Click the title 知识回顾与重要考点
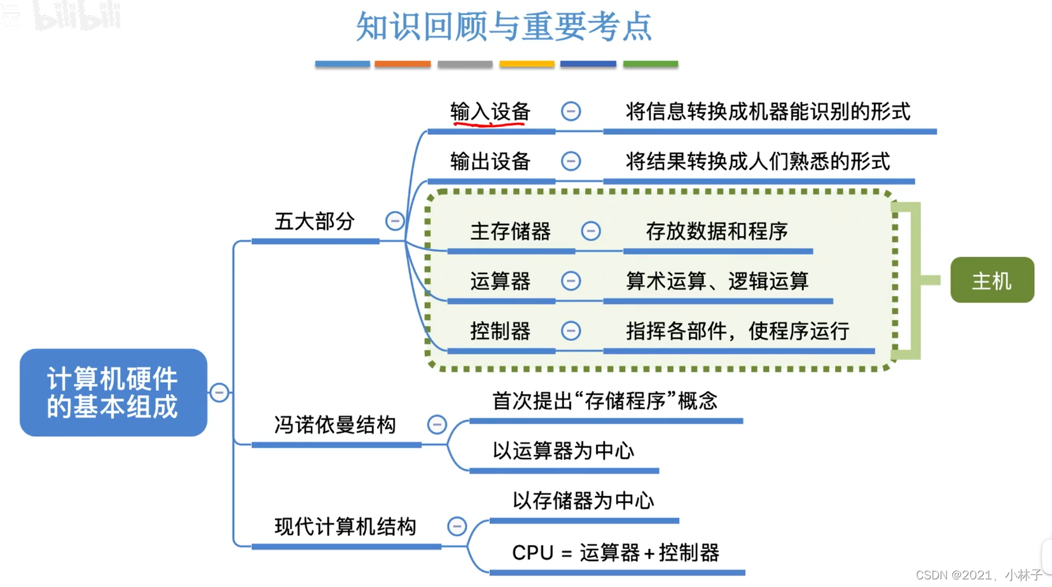[x=503, y=27]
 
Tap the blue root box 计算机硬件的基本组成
[x=113, y=392]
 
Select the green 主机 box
[x=992, y=280]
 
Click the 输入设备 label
[x=490, y=112]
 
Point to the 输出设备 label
[x=490, y=162]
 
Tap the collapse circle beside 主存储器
[x=591, y=231]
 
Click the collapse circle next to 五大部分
[x=395, y=221]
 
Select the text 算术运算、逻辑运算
[x=717, y=280]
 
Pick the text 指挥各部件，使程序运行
[x=737, y=331]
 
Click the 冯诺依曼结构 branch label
[x=335, y=424]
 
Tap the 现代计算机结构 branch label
[x=345, y=527]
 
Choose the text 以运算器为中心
[x=563, y=451]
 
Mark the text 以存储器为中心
[x=583, y=501]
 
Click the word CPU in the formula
[x=532, y=553]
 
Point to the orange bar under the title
[x=403, y=64]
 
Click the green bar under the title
[x=650, y=64]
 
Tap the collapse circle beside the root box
[x=219, y=392]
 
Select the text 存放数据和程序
[x=717, y=231]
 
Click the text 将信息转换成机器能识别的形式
[x=768, y=112]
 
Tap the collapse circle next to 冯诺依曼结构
[x=437, y=424]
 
